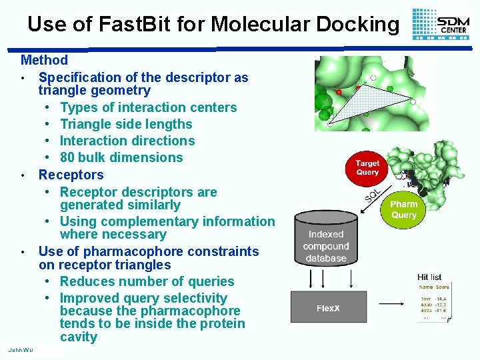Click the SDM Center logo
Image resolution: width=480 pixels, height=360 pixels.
441,25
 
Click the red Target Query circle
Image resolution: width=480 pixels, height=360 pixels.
367,167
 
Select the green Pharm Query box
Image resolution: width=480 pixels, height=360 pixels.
403,209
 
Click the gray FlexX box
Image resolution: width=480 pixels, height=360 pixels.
327,308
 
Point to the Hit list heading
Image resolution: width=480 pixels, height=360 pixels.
429,277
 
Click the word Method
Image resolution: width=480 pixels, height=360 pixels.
44,60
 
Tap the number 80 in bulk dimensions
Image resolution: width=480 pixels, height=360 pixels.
67,157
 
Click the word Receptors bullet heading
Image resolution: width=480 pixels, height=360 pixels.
71,175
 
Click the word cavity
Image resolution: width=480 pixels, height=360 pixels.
79,337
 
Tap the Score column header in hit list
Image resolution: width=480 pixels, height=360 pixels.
443,287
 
